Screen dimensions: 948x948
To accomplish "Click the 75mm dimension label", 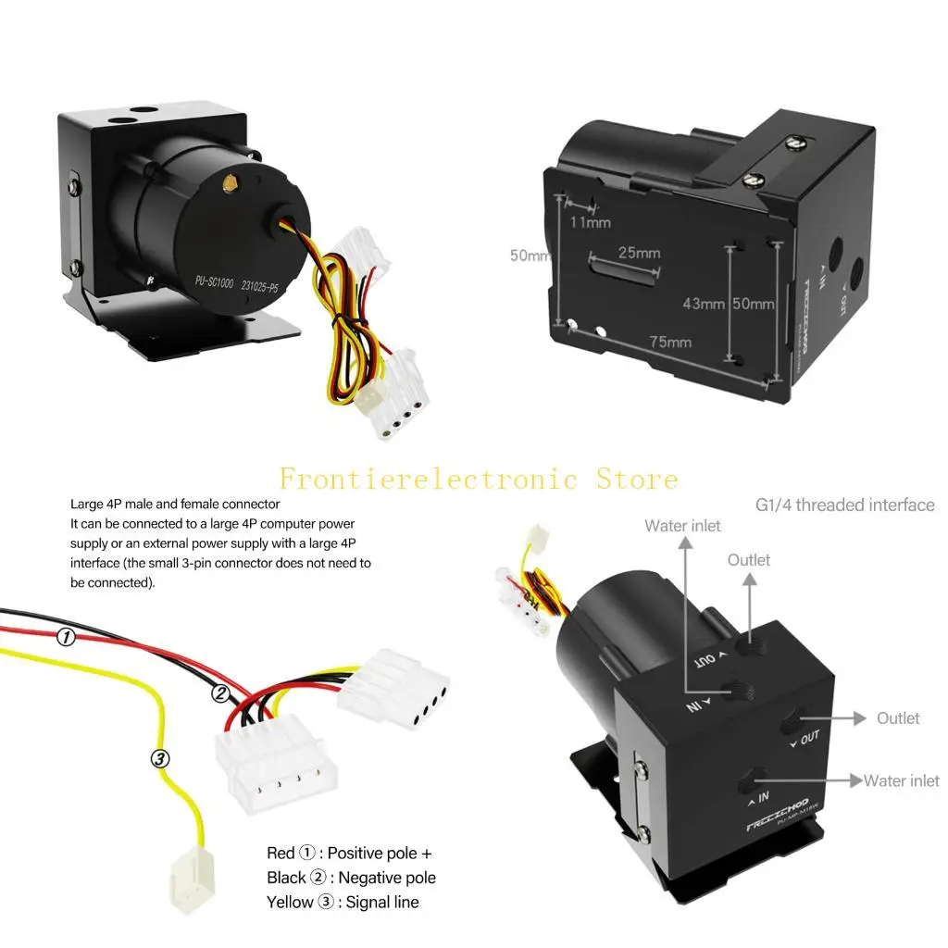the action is click(670, 342).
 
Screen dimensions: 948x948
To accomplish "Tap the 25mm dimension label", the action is click(639, 253).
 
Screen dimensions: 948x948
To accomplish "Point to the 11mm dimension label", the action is click(590, 222).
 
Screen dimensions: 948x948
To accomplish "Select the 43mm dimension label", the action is click(703, 304).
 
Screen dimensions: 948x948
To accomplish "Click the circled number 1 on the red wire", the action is click(66, 637).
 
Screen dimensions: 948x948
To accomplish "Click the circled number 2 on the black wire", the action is click(220, 692).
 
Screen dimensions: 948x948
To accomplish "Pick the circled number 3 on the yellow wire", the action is click(160, 758).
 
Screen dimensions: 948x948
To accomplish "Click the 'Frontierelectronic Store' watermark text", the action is click(479, 479).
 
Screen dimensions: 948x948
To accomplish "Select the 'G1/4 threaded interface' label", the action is click(845, 505).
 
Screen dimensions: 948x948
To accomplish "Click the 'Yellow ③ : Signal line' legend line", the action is click(343, 902).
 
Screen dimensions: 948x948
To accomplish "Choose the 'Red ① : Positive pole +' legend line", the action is click(349, 853).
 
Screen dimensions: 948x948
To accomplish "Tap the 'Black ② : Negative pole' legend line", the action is click(351, 878).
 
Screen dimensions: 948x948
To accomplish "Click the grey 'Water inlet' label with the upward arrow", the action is click(682, 526).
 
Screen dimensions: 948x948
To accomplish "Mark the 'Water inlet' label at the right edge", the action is click(901, 780).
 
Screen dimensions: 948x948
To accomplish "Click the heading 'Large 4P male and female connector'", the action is click(175, 505).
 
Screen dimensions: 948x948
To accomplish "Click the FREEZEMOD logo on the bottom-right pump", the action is click(777, 804).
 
